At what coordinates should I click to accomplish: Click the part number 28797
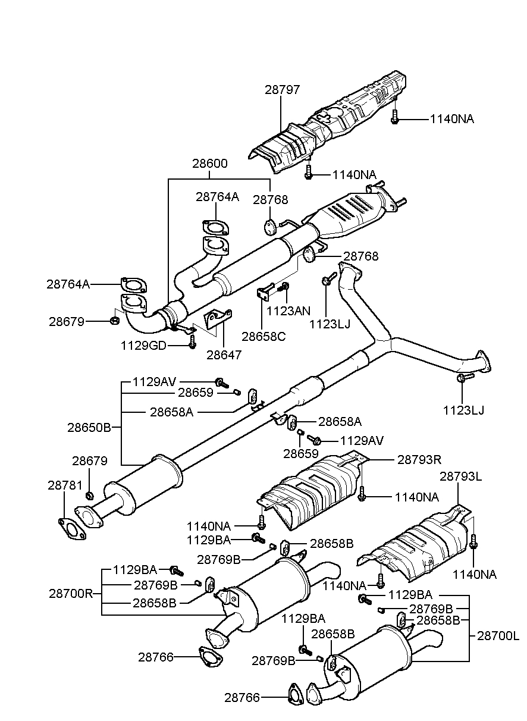(x=282, y=90)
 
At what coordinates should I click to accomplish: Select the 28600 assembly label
(x=209, y=163)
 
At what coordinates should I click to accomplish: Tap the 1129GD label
(x=143, y=345)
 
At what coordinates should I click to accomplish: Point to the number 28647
(x=224, y=355)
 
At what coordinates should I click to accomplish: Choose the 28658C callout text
(x=263, y=336)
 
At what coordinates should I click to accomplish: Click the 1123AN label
(x=288, y=310)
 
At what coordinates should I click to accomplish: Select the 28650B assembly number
(x=89, y=427)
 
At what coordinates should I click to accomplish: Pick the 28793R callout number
(x=419, y=459)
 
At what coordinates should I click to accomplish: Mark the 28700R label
(x=71, y=593)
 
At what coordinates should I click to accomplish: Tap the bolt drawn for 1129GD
(x=192, y=343)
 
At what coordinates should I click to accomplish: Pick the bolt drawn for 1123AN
(x=285, y=289)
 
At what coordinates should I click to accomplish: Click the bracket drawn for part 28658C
(x=265, y=293)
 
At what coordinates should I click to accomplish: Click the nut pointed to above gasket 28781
(x=90, y=495)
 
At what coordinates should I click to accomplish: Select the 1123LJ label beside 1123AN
(x=330, y=324)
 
